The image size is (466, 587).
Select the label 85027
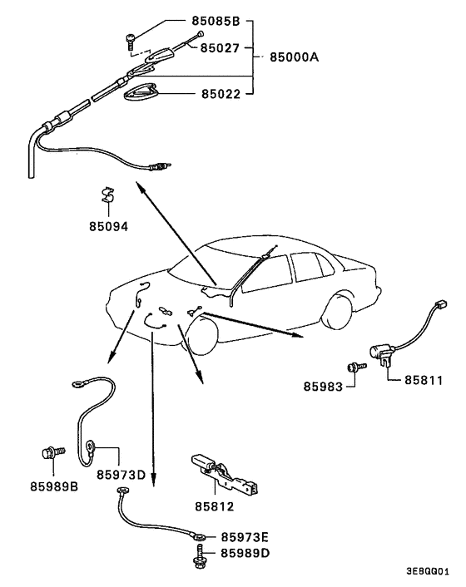point(220,48)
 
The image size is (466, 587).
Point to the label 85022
point(220,94)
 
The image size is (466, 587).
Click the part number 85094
point(111,224)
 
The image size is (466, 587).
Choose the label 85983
point(323,386)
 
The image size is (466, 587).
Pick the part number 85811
point(424,380)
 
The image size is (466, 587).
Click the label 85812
point(215,505)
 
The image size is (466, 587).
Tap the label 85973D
point(121,475)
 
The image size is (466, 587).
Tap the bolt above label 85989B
point(50,454)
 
